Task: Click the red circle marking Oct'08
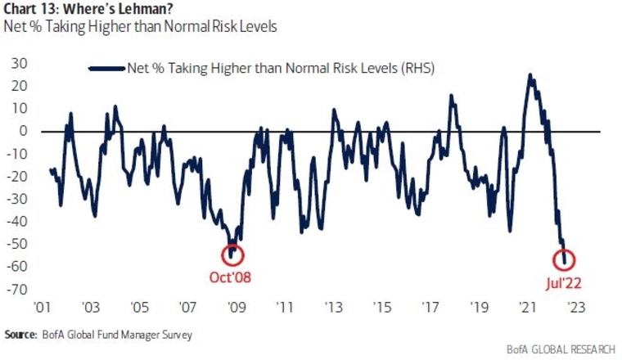(x=223, y=256)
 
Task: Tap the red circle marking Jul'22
(x=554, y=260)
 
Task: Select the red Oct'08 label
(x=230, y=277)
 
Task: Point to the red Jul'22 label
(x=563, y=283)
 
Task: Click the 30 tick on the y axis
(x=19, y=63)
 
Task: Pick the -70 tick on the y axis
(x=16, y=289)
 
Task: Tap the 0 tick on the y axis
(x=24, y=131)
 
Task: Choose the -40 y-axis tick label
(x=16, y=221)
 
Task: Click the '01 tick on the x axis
(x=42, y=308)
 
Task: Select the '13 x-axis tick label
(x=333, y=308)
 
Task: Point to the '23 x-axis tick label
(x=576, y=308)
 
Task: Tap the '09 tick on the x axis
(x=237, y=308)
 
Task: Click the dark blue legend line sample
(x=106, y=69)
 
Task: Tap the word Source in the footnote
(x=20, y=335)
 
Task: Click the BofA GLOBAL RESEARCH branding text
(x=561, y=349)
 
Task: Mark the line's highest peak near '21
(x=530, y=75)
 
